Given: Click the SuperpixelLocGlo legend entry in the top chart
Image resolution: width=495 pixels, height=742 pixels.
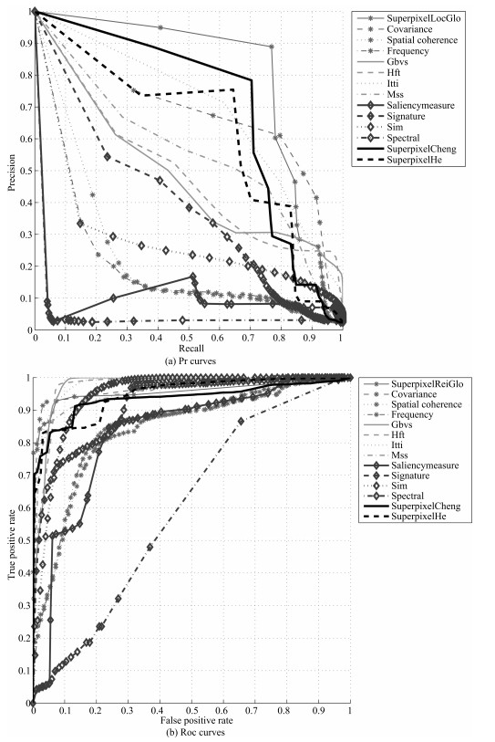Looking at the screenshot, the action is click(423, 18).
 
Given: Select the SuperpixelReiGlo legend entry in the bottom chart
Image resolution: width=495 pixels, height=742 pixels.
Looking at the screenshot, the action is click(427, 383).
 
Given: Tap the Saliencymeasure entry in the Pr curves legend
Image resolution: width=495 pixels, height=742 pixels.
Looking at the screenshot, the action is click(420, 105).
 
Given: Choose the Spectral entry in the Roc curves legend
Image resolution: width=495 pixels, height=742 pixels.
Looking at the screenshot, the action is click(407, 496).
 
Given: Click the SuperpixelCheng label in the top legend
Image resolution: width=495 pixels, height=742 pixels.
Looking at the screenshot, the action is click(421, 149).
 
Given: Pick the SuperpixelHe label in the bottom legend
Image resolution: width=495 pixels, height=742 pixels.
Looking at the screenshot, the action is click(418, 517).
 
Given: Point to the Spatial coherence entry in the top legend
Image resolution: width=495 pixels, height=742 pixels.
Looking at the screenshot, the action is click(422, 40).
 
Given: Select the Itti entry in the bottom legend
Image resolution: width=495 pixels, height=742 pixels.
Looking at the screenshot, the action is click(397, 444).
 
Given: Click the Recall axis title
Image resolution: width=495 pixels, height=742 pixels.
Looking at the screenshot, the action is click(191, 349).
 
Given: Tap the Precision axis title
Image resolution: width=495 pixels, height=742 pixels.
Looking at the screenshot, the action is click(11, 172).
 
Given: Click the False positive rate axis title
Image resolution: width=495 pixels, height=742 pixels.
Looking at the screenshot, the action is click(197, 721).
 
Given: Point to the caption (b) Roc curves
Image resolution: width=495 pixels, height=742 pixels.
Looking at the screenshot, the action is click(193, 733).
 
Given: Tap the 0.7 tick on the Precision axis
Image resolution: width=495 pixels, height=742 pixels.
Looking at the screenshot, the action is click(23, 107).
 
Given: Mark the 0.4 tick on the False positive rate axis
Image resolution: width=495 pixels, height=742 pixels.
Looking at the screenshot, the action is click(160, 712).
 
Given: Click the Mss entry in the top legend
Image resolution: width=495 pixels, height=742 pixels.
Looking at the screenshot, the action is click(396, 94).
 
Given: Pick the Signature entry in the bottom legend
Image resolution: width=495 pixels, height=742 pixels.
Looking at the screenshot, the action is click(410, 476).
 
